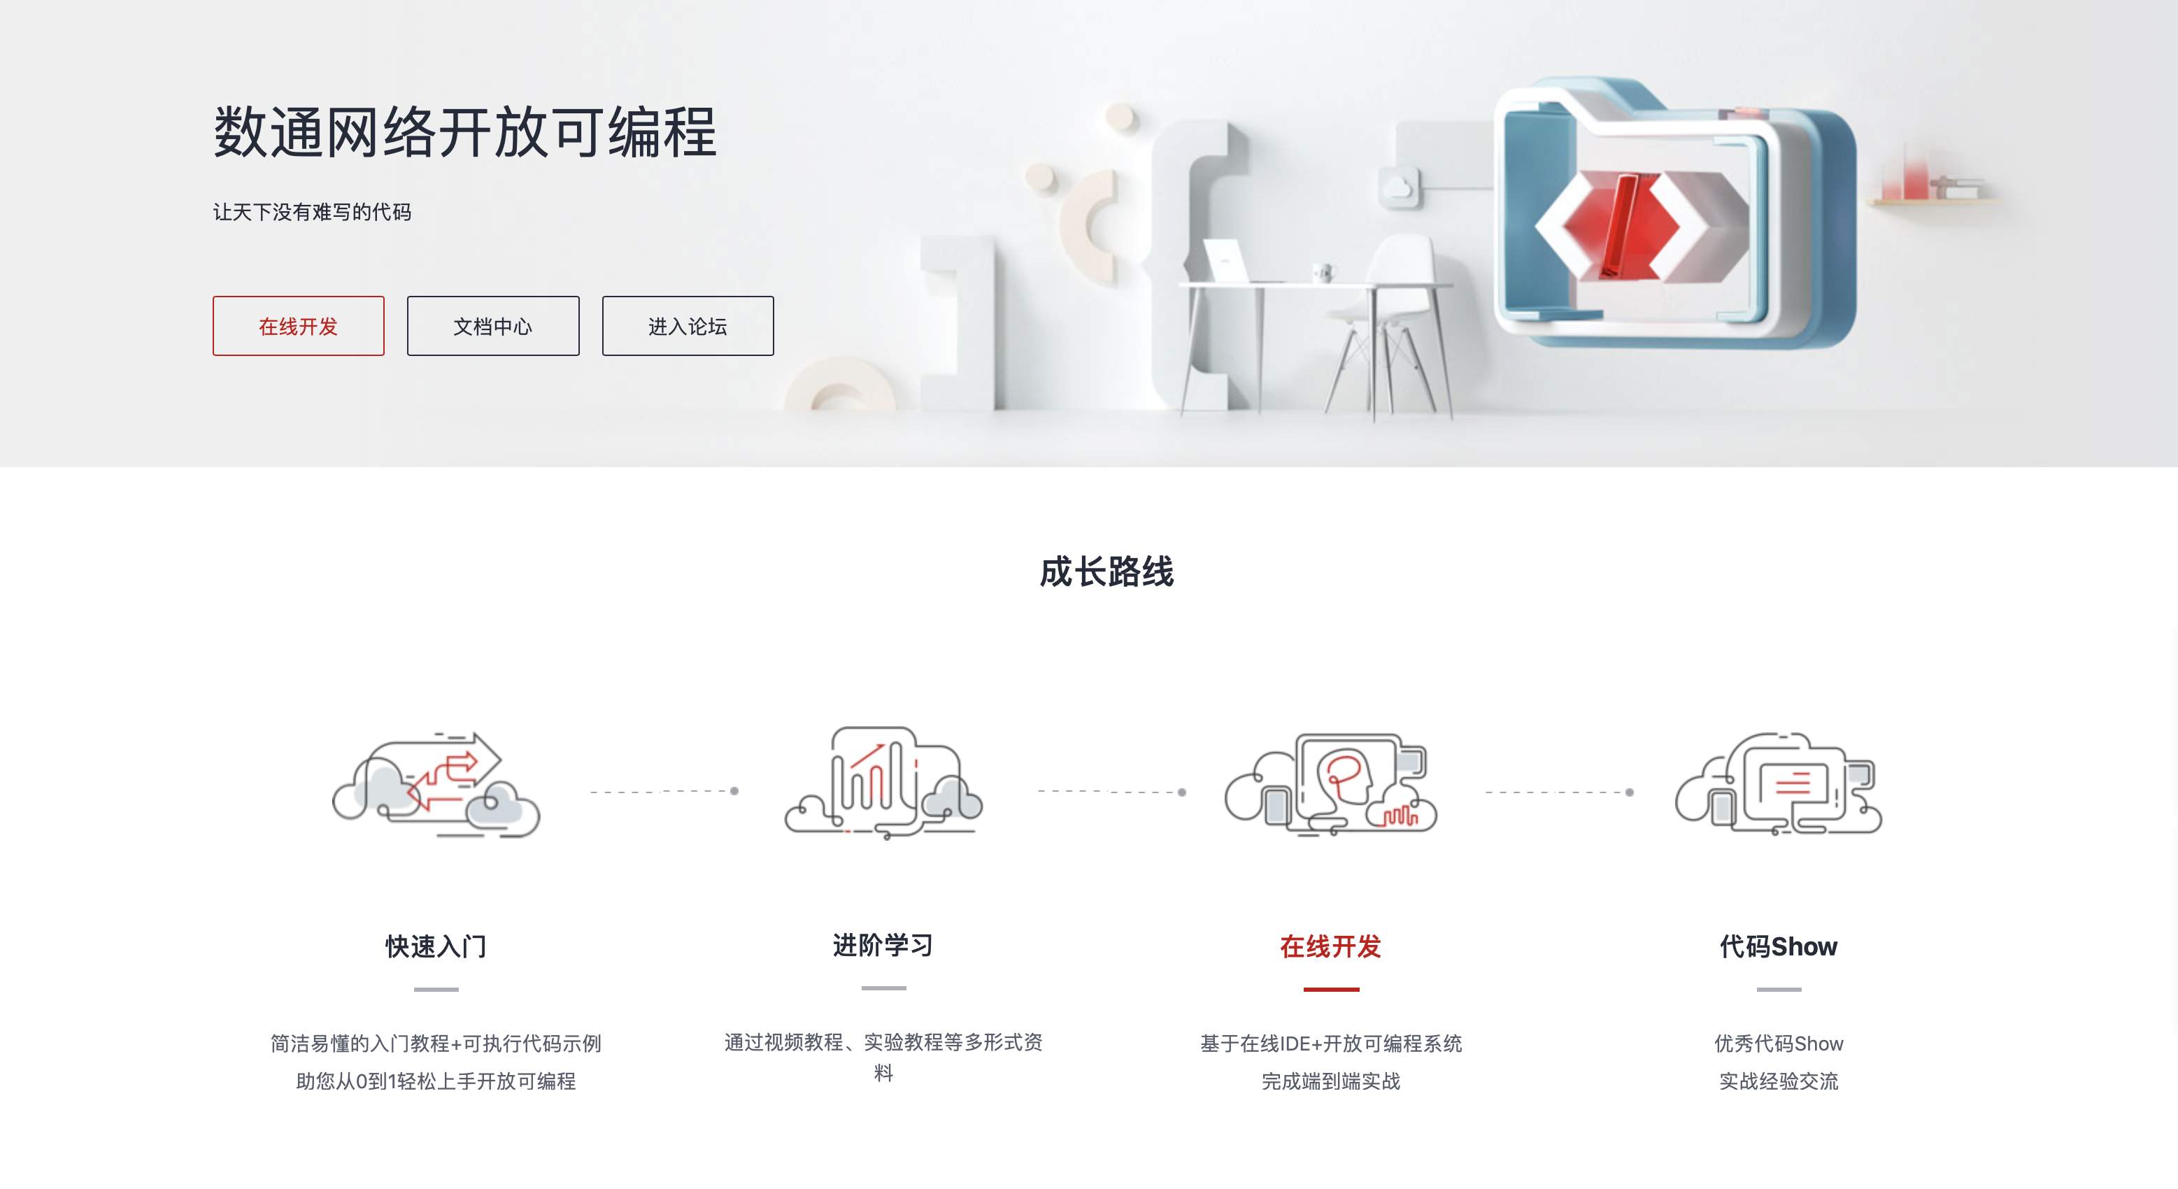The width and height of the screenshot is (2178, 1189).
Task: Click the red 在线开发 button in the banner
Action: tap(299, 326)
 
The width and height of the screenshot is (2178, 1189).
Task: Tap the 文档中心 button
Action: tap(493, 326)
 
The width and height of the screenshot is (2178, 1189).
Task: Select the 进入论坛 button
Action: tap(688, 326)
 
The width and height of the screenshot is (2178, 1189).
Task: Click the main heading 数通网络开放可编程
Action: tap(465, 132)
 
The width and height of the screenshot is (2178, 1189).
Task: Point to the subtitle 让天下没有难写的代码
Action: tap(312, 212)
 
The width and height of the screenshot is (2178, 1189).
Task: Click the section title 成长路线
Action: tap(1106, 571)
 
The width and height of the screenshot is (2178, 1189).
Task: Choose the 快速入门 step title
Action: tap(436, 946)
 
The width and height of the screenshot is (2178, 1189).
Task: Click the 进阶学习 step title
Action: tap(883, 945)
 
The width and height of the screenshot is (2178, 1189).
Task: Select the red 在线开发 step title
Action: tap(1331, 946)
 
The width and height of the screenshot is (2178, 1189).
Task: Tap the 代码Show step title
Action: tap(1779, 946)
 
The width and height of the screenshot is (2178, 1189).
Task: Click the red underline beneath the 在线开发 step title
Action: tap(1331, 988)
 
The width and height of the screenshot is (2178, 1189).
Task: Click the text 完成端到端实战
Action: tap(1331, 1081)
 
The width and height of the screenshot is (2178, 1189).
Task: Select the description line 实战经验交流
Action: tap(1779, 1081)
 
